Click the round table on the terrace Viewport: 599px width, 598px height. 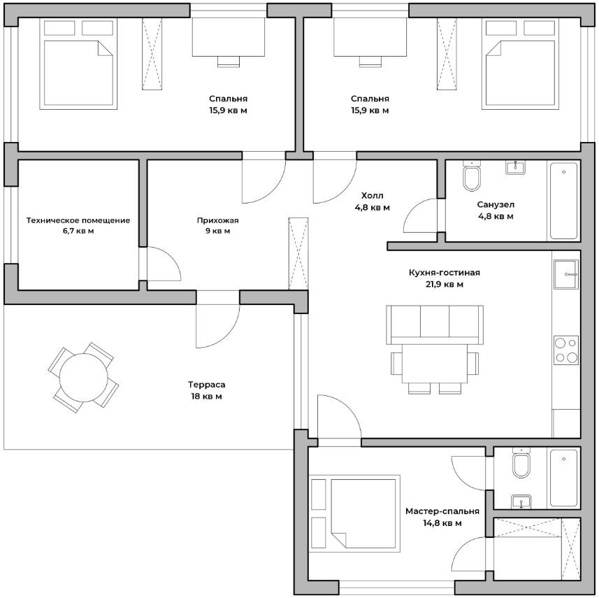click(84, 378)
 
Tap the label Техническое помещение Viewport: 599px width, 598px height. click(78, 220)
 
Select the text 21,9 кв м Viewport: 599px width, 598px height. click(445, 284)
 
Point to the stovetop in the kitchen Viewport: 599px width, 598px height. click(566, 350)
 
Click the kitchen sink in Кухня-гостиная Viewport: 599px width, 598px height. click(566, 274)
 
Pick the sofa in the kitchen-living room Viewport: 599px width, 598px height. click(434, 325)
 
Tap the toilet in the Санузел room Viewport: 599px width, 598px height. click(471, 176)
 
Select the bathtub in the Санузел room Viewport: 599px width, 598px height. click(563, 201)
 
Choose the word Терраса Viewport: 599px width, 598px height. click(206, 384)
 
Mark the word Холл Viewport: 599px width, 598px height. click(372, 196)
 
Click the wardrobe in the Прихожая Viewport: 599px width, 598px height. click(298, 253)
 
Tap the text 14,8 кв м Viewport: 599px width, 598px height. click(442, 522)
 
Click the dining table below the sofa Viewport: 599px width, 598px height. click(434, 364)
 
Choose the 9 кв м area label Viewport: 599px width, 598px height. click(218, 231)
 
